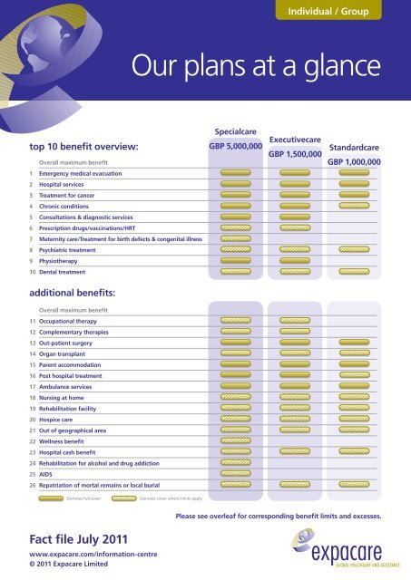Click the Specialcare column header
(x=235, y=131)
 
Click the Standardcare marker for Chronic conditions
(x=353, y=206)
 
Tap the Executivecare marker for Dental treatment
(x=294, y=271)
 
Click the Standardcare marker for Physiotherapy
(x=353, y=259)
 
